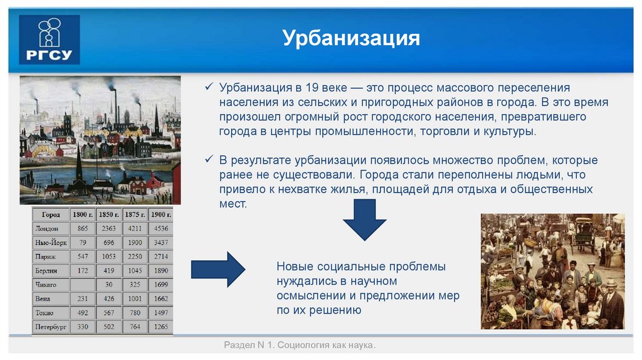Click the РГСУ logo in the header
(50, 40)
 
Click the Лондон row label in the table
(48, 229)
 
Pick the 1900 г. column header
(160, 214)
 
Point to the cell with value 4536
(160, 229)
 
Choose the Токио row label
(45, 313)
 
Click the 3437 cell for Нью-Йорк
(160, 243)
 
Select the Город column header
(51, 214)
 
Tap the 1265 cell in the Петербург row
(160, 327)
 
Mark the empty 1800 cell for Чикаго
(83, 285)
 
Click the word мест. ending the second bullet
(233, 203)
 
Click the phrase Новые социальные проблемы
(361, 267)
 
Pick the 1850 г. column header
(109, 214)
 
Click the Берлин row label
(47, 270)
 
